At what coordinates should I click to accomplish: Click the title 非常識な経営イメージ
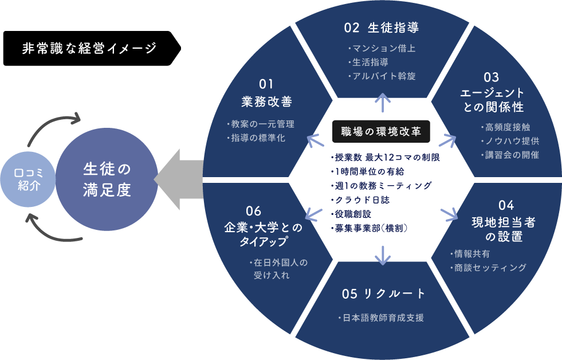89,48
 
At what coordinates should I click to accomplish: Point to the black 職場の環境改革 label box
381,131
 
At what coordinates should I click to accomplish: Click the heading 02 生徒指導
381,28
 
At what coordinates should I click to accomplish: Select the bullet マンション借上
383,49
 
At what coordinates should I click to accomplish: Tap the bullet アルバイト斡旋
383,76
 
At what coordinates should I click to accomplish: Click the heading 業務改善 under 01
267,102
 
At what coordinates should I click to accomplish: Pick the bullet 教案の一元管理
262,124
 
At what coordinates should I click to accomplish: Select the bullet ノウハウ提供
512,140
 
